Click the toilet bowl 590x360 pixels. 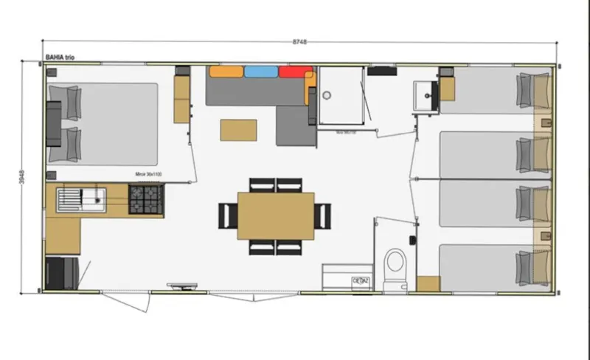coord(395,263)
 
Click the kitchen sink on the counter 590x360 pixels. coord(82,198)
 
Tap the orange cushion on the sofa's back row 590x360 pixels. coord(226,72)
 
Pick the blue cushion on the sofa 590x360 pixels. coord(261,72)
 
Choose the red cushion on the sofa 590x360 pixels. coord(296,72)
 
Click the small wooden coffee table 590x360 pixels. coord(238,130)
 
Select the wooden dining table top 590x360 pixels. coord(275,215)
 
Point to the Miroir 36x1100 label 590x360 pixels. coord(148,175)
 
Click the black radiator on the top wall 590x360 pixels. coord(381,72)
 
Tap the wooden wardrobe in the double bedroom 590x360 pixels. coord(181,100)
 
